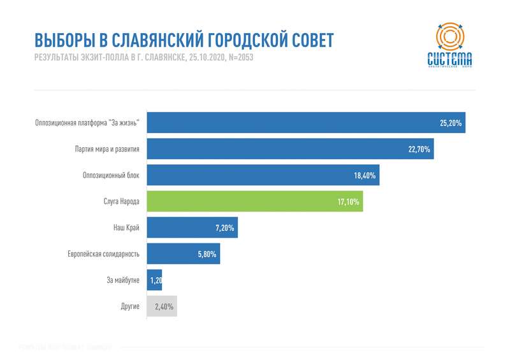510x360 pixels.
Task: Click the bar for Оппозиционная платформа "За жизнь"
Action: [306, 122]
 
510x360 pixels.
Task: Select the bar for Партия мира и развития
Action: [290, 149]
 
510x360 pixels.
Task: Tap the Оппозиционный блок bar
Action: [263, 175]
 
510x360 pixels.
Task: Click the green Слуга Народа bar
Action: [254, 201]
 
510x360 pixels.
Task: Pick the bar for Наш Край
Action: [192, 227]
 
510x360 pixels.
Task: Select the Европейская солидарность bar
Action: [183, 254]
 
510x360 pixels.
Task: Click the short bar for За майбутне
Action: [154, 280]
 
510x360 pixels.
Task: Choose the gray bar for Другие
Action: [161, 306]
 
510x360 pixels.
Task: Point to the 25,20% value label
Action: [451, 122]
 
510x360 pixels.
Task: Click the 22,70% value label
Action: [419, 149]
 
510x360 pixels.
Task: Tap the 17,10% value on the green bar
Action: [349, 202]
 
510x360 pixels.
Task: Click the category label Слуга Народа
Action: [121, 201]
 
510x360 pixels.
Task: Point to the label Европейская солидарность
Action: [103, 254]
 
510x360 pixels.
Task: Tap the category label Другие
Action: [130, 306]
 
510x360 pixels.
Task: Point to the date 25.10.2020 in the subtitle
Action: [206, 58]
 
